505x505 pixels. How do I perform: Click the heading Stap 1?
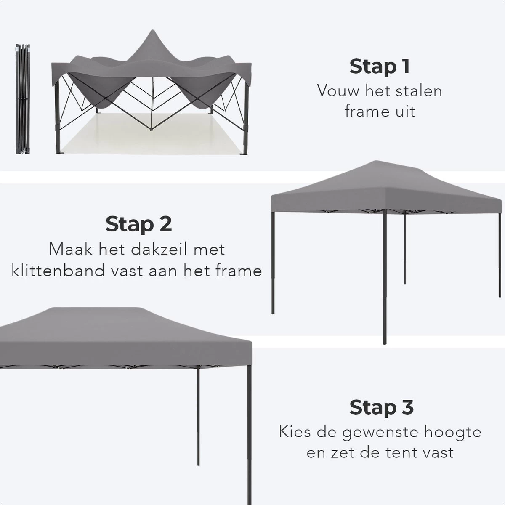[380, 67]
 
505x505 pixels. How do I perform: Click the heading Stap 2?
[138, 224]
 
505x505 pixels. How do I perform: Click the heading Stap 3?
[381, 407]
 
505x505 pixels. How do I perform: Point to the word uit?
[403, 112]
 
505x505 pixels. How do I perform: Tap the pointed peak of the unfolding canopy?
[150, 36]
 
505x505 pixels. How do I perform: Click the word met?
[209, 249]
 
